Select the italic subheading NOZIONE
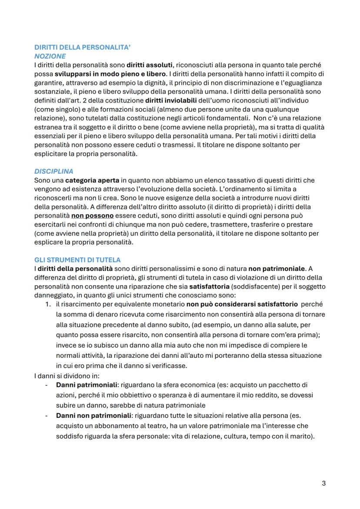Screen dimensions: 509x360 pos(50,57)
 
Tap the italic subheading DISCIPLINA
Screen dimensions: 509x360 pos(54,171)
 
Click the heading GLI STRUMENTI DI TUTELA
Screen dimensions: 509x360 pos(77,259)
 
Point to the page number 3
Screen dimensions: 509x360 pos(323,483)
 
